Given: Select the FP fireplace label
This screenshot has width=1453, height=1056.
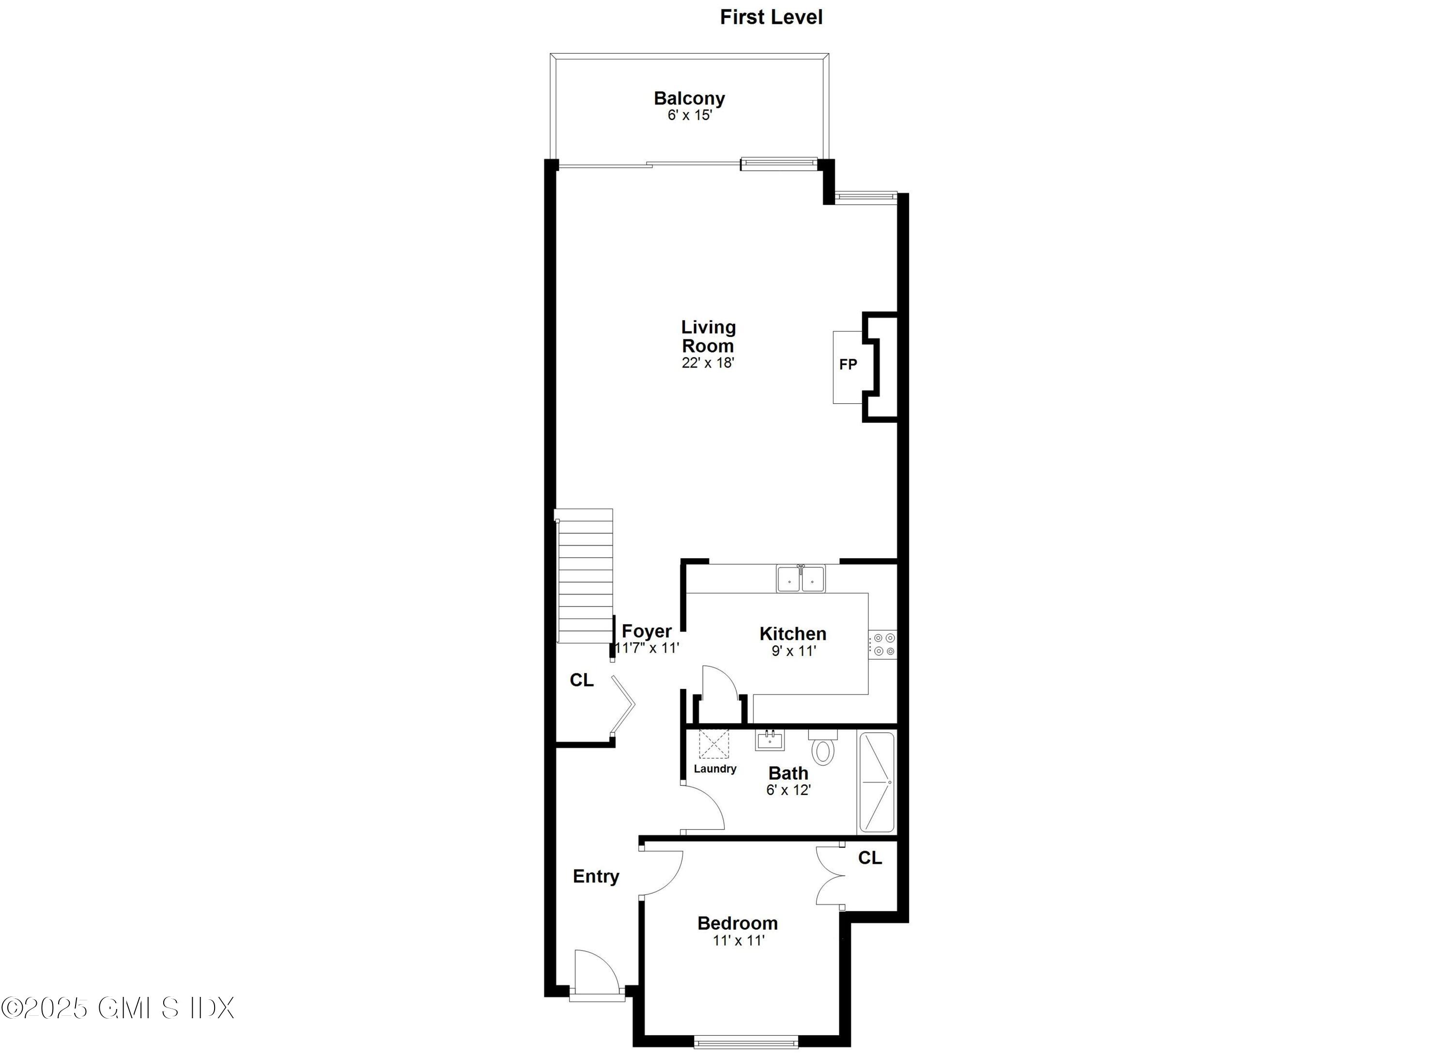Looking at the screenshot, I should pos(848,365).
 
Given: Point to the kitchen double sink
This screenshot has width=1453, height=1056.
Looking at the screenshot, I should pos(801,580).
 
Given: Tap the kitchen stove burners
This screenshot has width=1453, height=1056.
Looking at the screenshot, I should pos(883,644).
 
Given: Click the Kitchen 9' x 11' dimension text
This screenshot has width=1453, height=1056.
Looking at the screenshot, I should pos(793,651).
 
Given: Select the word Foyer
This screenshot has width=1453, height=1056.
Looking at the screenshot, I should pos(647,631).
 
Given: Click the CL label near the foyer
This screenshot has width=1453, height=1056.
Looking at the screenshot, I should pos(582,680).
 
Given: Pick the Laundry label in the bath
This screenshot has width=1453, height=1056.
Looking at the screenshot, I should pos(715,768).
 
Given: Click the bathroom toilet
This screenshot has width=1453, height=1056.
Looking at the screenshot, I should pos(822,749).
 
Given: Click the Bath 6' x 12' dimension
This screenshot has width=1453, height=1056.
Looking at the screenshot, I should pos(788,790).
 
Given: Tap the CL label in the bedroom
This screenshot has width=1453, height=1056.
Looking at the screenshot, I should pos(869,857).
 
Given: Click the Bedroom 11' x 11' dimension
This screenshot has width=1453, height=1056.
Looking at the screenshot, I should pos(739,941).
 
